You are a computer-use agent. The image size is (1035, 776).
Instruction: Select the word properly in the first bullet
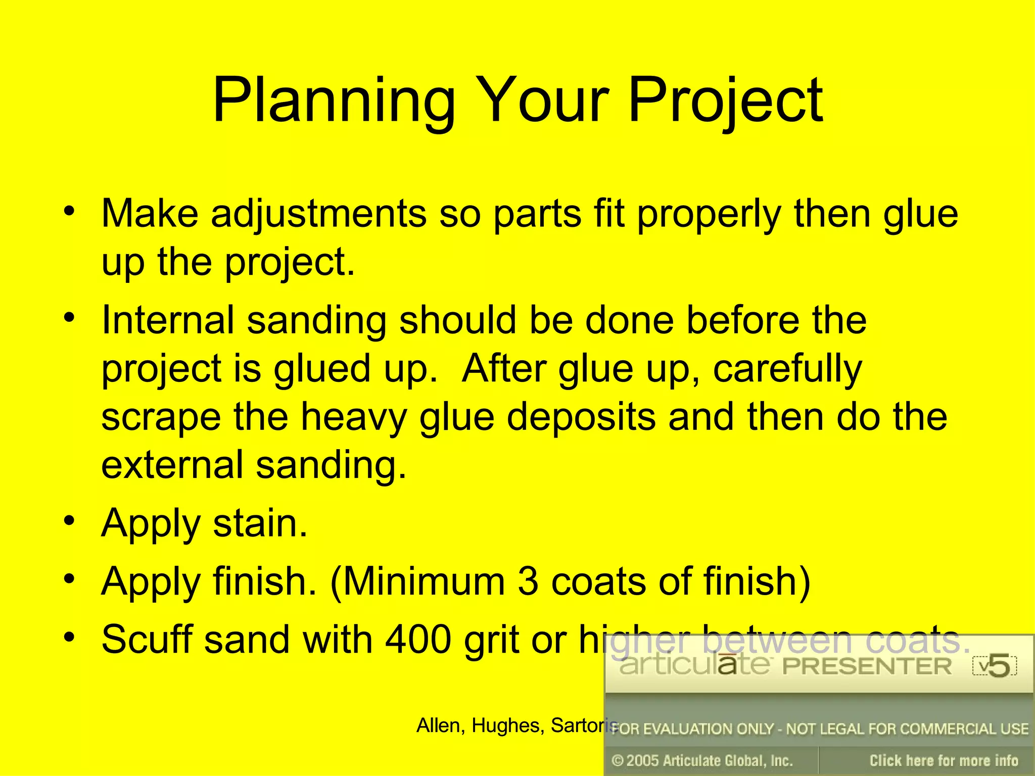[x=709, y=214]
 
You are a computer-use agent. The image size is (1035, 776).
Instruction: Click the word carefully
[x=787, y=369]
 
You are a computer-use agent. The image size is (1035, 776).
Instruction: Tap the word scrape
[x=161, y=418]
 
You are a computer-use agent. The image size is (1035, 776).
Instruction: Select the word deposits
[x=581, y=418]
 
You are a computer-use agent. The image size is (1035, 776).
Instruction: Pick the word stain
[x=260, y=523]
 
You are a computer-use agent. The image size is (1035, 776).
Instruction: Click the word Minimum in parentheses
[x=424, y=581]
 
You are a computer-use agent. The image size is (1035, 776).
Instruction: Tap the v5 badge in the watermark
[x=994, y=666]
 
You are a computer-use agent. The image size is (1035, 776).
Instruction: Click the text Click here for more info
[x=943, y=760]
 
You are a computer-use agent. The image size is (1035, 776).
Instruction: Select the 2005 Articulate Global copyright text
[x=702, y=760]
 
